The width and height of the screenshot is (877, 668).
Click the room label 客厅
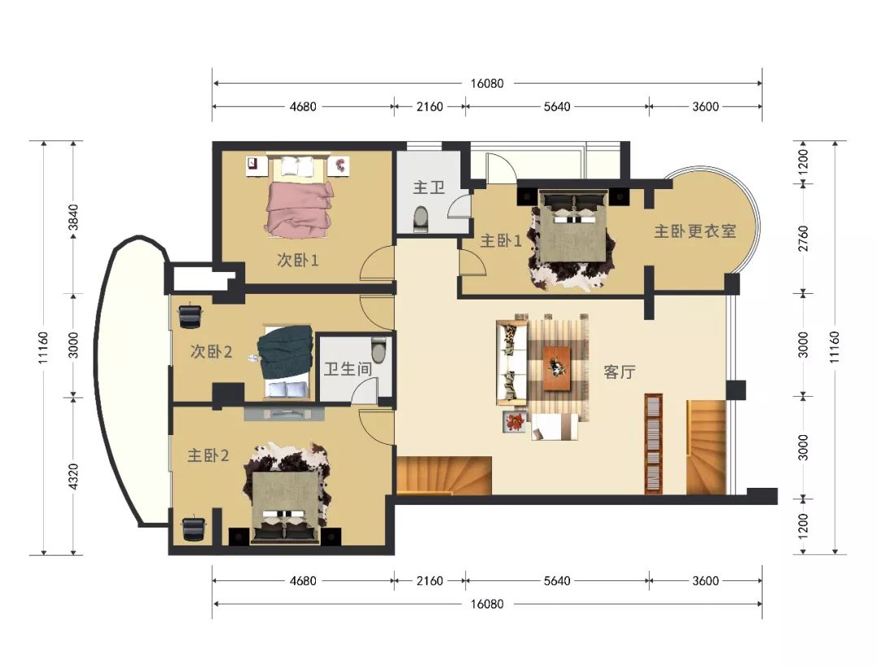tap(619, 372)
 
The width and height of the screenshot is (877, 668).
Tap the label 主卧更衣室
tap(694, 231)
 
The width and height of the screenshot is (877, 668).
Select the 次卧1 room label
tap(297, 260)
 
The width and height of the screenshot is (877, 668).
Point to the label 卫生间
tap(348, 368)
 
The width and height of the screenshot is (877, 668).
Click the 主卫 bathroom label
tap(429, 187)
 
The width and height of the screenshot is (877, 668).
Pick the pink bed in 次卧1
tap(299, 207)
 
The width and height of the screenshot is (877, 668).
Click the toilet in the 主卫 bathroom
tap(421, 219)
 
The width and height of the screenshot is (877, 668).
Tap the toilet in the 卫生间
tap(378, 349)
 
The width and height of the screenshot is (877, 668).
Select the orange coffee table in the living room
tap(557, 368)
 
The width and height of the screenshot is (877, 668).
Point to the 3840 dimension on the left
tap(73, 218)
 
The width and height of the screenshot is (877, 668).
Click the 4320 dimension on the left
tap(73, 476)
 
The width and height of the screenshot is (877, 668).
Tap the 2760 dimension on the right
tap(803, 238)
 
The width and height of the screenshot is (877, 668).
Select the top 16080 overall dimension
tap(486, 84)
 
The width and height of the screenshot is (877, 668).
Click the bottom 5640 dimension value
tap(557, 581)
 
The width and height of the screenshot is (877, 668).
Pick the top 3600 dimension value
tap(706, 107)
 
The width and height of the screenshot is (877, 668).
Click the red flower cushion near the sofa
tap(515, 421)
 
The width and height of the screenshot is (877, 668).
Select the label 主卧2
tap(208, 455)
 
